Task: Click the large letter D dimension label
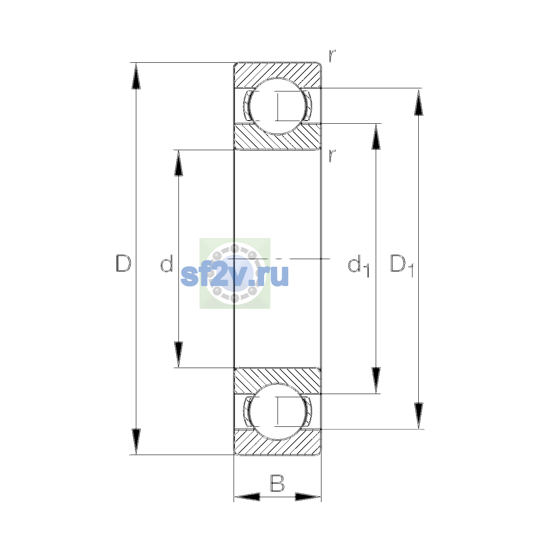pyautogui.click(x=123, y=263)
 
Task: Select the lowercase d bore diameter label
pyautogui.click(x=166, y=263)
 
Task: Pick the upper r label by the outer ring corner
pyautogui.click(x=332, y=56)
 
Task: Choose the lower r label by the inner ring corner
pyautogui.click(x=332, y=156)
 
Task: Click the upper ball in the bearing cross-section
pyautogui.click(x=277, y=106)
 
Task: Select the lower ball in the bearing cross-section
pyautogui.click(x=277, y=412)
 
